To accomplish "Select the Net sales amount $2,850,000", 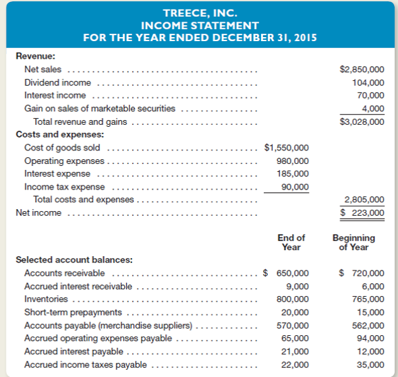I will pyautogui.click(x=363, y=69).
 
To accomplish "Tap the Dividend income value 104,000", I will pyautogui.click(x=368, y=82).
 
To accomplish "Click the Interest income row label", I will pyautogui.click(x=55, y=95).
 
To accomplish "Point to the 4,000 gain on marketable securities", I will pyautogui.click(x=373, y=108).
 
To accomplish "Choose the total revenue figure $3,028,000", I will pyautogui.click(x=363, y=121).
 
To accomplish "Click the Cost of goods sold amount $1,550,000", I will pyautogui.click(x=287, y=148).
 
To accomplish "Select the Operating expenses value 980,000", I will pyautogui.click(x=293, y=161).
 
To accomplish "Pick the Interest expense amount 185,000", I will pyautogui.click(x=293, y=173).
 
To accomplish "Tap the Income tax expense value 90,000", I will pyautogui.click(x=295, y=186).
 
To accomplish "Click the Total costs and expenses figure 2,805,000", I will pyautogui.click(x=364, y=200).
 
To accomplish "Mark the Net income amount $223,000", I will pyautogui.click(x=362, y=212).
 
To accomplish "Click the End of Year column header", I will pyautogui.click(x=291, y=242).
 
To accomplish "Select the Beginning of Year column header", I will pyautogui.click(x=353, y=242).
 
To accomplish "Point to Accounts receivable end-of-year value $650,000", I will pyautogui.click(x=287, y=273).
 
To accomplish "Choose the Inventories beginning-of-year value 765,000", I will pyautogui.click(x=368, y=299).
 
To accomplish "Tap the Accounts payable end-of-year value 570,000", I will pyautogui.click(x=293, y=325).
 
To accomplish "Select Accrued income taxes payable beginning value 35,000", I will pyautogui.click(x=371, y=364).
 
